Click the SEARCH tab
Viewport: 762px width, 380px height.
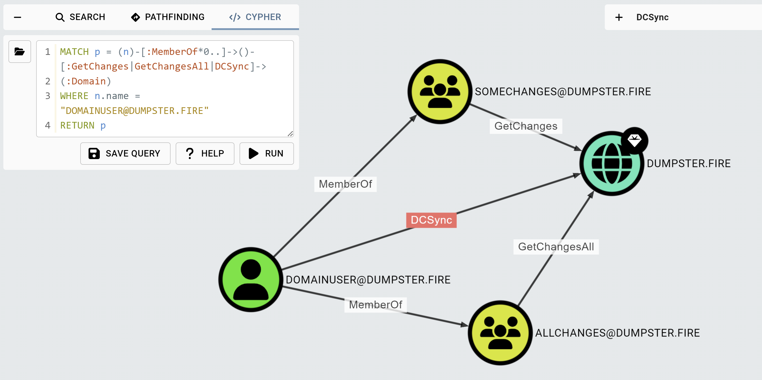coord(80,17)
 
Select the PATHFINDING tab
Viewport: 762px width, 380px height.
coord(168,17)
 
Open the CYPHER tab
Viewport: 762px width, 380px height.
coord(255,17)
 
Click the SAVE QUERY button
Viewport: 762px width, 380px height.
coord(125,153)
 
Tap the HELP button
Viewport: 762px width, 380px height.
coord(205,153)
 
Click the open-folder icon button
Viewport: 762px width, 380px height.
coord(19,52)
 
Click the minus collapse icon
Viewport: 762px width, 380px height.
coord(17,17)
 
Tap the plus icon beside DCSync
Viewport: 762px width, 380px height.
coord(619,17)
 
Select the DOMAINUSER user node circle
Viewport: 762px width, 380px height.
coord(251,279)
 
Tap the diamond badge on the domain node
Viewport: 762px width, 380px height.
coord(634,140)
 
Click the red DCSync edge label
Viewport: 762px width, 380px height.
coord(431,220)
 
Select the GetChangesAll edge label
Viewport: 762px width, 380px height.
coord(556,247)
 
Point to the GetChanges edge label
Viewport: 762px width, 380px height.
coord(526,126)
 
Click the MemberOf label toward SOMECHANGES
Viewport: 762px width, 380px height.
coord(345,184)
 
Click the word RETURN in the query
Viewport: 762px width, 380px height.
coord(77,125)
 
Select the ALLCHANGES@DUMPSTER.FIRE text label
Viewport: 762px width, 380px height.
coord(617,333)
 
